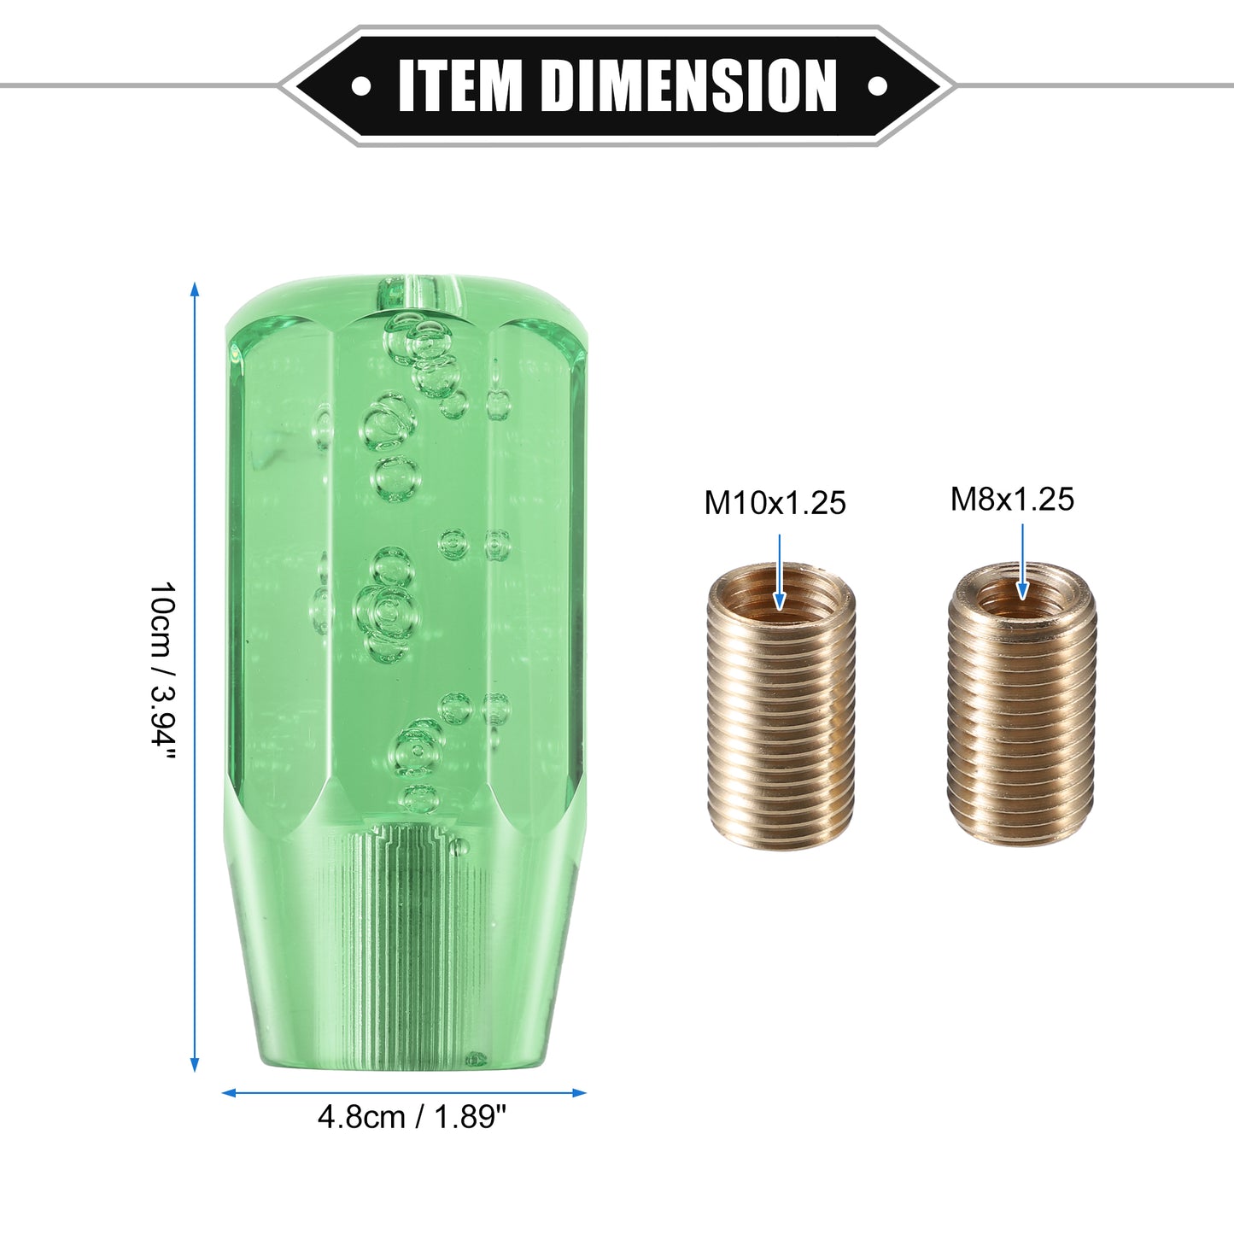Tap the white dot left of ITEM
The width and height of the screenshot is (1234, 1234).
point(361,85)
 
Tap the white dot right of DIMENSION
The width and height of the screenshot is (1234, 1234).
point(877,85)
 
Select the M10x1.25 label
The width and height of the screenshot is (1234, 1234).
point(775,503)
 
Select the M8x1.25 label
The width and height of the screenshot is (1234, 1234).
point(1012,499)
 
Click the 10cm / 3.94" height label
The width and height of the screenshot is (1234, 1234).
point(162,673)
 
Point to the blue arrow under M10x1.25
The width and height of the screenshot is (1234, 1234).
point(780,572)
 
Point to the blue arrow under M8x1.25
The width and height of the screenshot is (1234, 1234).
point(1022,562)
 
